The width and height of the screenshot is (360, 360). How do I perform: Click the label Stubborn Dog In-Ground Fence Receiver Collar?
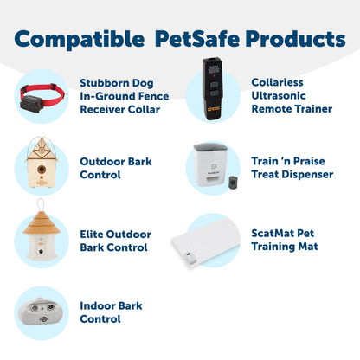124,95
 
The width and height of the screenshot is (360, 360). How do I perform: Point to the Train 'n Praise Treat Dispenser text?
292,168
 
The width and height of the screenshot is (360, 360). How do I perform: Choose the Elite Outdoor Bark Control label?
116,241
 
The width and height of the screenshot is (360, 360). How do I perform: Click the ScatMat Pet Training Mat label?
283,240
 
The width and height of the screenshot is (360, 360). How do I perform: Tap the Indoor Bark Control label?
111,312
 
